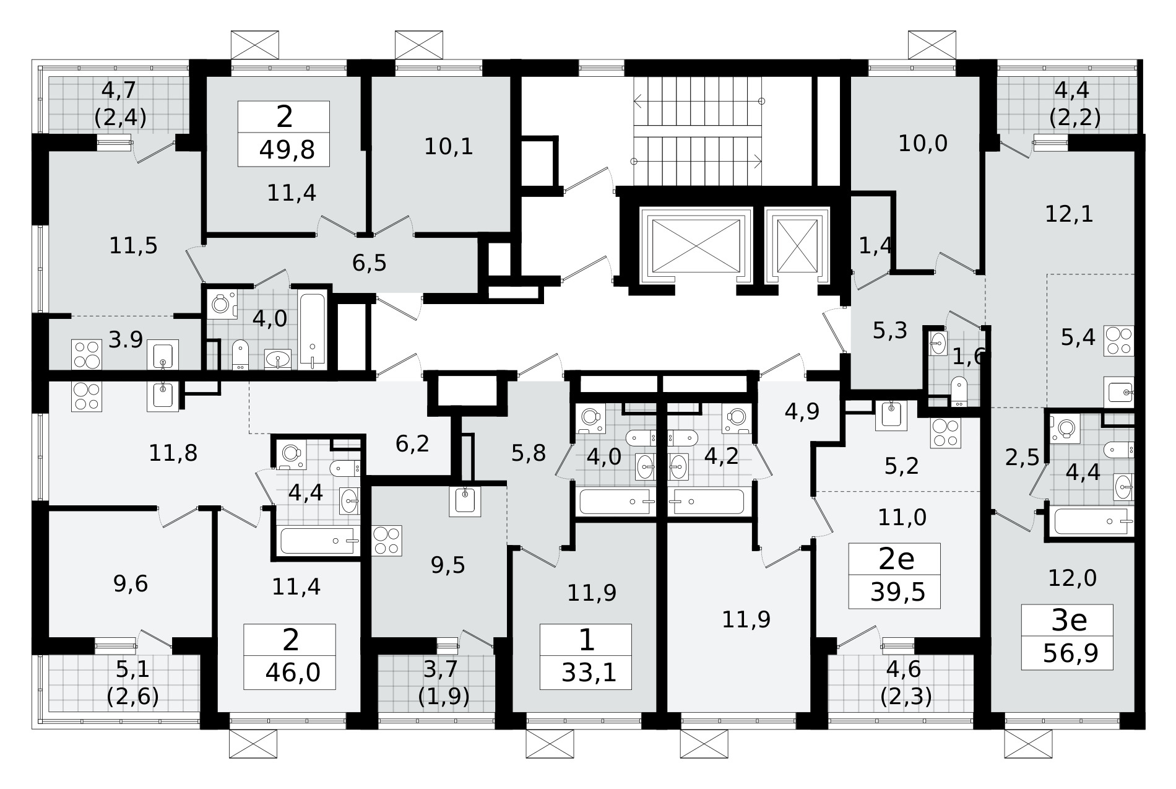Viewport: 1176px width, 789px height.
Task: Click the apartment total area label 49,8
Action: pos(287,150)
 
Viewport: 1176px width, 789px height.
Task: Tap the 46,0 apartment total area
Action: pos(290,672)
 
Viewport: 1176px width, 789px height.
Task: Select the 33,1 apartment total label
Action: pos(589,672)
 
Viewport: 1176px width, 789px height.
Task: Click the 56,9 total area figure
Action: pos(1070,653)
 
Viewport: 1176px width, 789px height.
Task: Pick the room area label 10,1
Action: pos(449,147)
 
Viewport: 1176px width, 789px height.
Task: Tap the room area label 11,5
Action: pos(133,246)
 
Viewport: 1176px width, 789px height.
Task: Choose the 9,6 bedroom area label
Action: pos(131,583)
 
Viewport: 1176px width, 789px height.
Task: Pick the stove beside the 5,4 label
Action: pos(1120,341)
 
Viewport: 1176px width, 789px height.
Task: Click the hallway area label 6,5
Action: pos(370,263)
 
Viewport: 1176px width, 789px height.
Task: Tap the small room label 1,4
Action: pos(875,245)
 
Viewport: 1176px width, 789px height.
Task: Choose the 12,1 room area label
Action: pos(1069,214)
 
